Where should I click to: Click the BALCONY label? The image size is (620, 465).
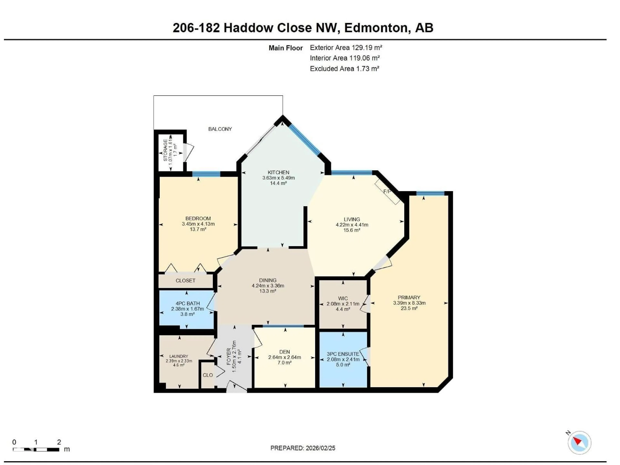pos(220,129)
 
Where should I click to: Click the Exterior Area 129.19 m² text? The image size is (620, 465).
pos(346,48)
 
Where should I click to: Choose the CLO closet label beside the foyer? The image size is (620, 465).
pos(208,375)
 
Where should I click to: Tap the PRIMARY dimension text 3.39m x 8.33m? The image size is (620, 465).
pos(409,303)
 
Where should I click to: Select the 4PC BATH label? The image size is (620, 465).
pos(187,303)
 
